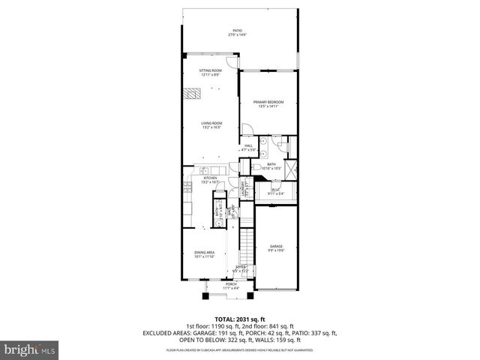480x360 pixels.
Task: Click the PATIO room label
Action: click(238, 33)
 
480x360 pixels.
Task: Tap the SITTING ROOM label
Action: click(210, 73)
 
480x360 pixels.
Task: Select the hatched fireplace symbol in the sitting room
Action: click(193, 94)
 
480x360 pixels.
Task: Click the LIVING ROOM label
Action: click(211, 125)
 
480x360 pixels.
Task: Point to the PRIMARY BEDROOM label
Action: click(269, 104)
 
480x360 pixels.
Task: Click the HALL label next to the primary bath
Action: click(248, 148)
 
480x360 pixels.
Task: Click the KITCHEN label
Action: click(210, 179)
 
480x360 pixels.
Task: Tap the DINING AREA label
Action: click(205, 255)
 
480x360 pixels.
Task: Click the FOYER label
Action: click(241, 268)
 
